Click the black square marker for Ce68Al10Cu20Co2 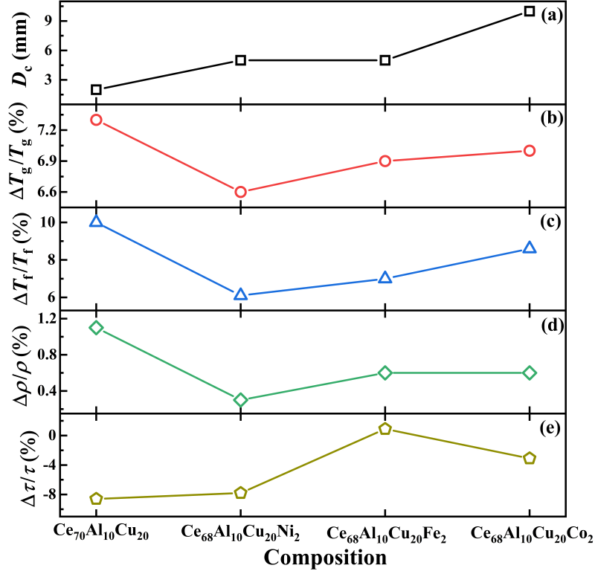click(530, 11)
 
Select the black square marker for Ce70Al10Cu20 click(96, 89)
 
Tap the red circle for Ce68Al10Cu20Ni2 click(240, 192)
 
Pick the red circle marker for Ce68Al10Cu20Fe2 click(385, 161)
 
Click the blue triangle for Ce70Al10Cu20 click(96, 222)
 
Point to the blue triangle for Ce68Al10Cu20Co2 click(530, 248)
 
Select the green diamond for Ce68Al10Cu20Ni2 click(240, 400)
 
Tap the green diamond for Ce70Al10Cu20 click(96, 328)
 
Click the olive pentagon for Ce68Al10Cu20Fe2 click(385, 429)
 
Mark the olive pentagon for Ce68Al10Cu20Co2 click(530, 458)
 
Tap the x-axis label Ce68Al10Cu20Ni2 click(241, 533)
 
